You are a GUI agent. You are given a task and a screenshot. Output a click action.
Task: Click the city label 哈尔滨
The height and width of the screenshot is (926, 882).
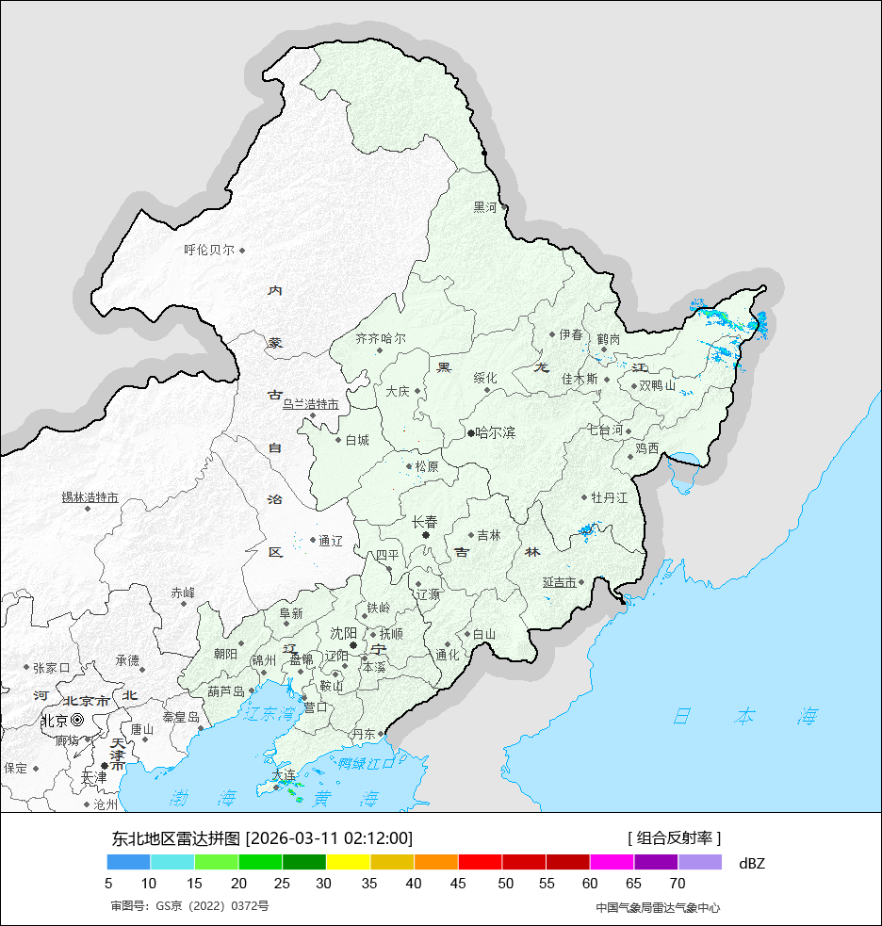[496, 433]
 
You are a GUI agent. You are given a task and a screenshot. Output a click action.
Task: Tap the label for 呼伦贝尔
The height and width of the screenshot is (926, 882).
[209, 251]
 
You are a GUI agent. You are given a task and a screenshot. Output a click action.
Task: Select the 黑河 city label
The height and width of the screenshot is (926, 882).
[484, 207]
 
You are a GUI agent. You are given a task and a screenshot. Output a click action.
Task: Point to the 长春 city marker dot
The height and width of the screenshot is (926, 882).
[426, 535]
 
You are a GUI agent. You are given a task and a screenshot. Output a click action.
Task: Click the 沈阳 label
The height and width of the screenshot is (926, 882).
[343, 633]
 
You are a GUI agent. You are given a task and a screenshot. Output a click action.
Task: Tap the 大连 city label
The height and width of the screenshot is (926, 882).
[284, 775]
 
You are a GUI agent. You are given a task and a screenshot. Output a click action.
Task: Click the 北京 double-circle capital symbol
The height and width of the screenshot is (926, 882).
[77, 720]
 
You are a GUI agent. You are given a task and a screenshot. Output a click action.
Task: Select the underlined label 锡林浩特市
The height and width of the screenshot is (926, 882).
[90, 497]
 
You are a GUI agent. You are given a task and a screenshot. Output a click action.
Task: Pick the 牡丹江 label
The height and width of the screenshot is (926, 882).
[609, 497]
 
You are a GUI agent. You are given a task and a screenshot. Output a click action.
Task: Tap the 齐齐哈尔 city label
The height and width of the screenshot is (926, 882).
[381, 338]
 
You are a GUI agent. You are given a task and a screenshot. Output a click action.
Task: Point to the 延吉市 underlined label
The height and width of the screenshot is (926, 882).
[559, 582]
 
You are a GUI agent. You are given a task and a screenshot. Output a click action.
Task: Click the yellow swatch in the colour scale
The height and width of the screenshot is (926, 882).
[348, 862]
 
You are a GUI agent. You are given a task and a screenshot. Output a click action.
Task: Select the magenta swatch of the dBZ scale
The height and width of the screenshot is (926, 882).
[612, 862]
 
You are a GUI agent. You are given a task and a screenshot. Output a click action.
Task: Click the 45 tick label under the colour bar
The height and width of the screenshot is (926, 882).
[458, 884]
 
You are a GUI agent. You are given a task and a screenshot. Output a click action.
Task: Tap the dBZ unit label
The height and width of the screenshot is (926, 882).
[752, 863]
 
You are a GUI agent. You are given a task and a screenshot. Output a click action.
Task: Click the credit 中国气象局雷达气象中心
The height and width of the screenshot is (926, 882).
[658, 907]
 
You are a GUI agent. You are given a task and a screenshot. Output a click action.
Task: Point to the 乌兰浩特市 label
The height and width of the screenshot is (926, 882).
[310, 403]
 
